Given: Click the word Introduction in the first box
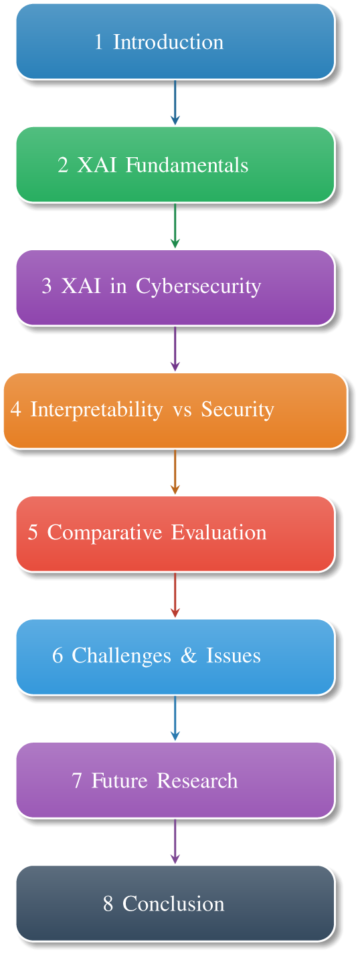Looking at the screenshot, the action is (x=168, y=42).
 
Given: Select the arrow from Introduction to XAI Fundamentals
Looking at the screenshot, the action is (x=175, y=102).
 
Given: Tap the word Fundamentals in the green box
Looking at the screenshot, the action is (x=187, y=165).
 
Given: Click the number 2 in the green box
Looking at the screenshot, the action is (x=63, y=165).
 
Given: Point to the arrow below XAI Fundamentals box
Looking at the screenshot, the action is (x=175, y=225).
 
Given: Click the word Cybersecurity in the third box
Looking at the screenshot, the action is (x=199, y=286).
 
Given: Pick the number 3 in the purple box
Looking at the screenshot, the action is (x=46, y=286).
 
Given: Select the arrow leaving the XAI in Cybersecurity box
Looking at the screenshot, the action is (x=175, y=349).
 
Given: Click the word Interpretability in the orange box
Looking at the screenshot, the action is (x=96, y=409).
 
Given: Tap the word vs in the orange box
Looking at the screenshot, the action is (x=183, y=411).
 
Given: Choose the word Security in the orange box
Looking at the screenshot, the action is (x=238, y=409).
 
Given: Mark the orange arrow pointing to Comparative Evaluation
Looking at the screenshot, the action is (x=175, y=472).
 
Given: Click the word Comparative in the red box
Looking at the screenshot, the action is (x=105, y=533).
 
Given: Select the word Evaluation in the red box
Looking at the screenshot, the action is (x=219, y=533).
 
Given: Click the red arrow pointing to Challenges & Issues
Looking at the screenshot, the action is (x=175, y=595).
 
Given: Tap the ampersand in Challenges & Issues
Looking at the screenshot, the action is (x=189, y=656).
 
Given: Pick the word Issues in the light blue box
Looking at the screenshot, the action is (x=234, y=656).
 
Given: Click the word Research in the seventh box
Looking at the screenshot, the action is (x=197, y=781).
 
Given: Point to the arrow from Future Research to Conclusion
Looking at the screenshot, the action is (x=175, y=842).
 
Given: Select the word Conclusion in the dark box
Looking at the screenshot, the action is (x=173, y=904).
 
